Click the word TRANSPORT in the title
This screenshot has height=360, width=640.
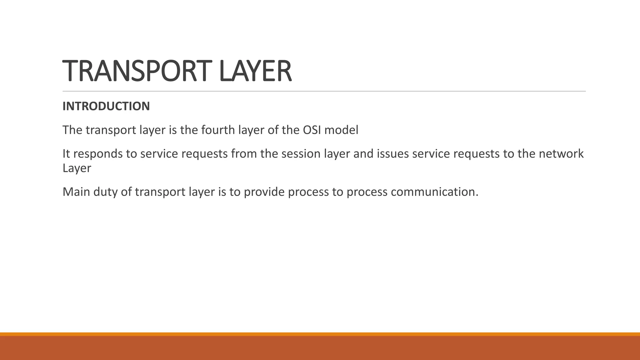point(135,71)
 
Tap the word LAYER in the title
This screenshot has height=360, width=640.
point(255,71)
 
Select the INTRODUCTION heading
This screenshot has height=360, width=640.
point(106,106)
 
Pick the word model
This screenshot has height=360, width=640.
point(341,130)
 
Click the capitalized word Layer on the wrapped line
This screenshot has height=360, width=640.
point(77,168)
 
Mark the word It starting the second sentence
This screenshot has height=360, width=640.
point(66,154)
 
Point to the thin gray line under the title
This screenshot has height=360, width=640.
point(324,91)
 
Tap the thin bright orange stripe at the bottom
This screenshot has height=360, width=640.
point(320,334)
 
